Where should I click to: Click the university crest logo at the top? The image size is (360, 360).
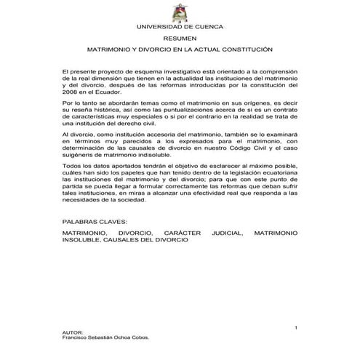(x=180, y=13)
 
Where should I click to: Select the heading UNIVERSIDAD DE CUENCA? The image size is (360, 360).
(x=180, y=27)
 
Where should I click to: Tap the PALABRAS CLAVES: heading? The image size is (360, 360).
(x=95, y=220)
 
